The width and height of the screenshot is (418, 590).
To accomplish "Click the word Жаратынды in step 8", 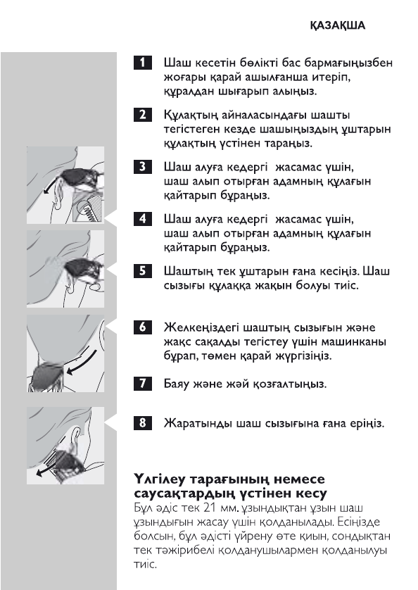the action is tap(195, 425).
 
